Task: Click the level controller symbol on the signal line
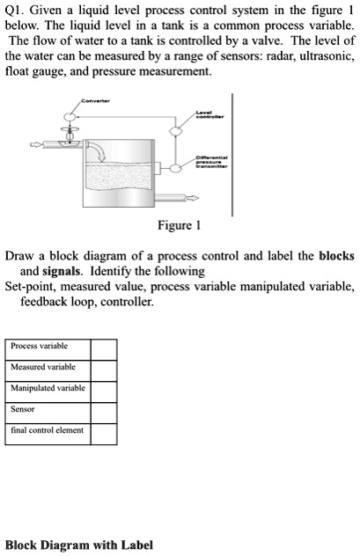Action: tap(177, 132)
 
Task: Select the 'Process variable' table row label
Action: tap(39, 347)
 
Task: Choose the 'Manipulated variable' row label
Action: tap(48, 388)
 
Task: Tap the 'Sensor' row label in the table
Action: tap(23, 409)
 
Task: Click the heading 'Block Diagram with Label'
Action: tap(79, 545)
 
